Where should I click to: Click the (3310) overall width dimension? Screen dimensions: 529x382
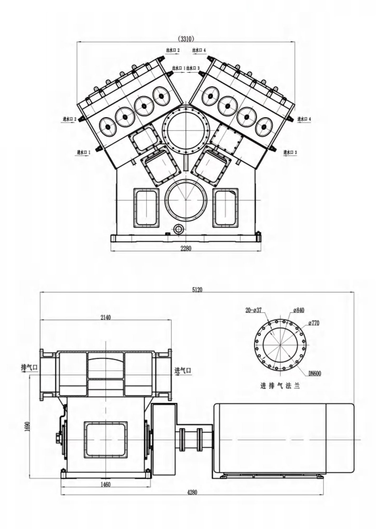click(x=186, y=39)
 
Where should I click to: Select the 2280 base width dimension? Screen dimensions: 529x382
click(x=186, y=248)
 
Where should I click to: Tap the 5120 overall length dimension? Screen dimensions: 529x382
click(x=197, y=290)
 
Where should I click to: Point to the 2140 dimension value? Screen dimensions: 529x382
click(x=106, y=317)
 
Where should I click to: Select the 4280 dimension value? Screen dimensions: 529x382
click(x=192, y=492)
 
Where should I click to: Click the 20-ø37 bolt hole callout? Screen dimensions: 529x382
click(x=254, y=310)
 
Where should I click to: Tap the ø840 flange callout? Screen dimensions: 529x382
click(x=299, y=310)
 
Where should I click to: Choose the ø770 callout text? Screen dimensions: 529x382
click(x=314, y=323)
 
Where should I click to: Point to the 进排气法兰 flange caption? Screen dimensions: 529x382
click(x=280, y=386)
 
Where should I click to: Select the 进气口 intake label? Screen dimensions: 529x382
click(x=183, y=371)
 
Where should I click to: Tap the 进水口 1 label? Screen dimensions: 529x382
click(x=84, y=152)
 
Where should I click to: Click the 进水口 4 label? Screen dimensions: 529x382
click(x=304, y=119)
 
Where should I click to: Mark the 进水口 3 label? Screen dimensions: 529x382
click(x=290, y=152)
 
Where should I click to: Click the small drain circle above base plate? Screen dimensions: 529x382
click(x=179, y=229)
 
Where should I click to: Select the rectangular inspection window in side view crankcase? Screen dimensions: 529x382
click(x=106, y=440)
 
